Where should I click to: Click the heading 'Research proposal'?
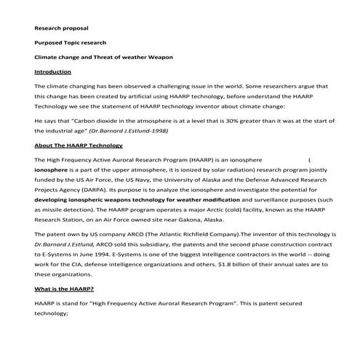coord(62,28)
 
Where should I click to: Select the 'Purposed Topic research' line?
coord(71,42)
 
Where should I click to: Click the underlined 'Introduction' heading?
coord(53,72)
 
